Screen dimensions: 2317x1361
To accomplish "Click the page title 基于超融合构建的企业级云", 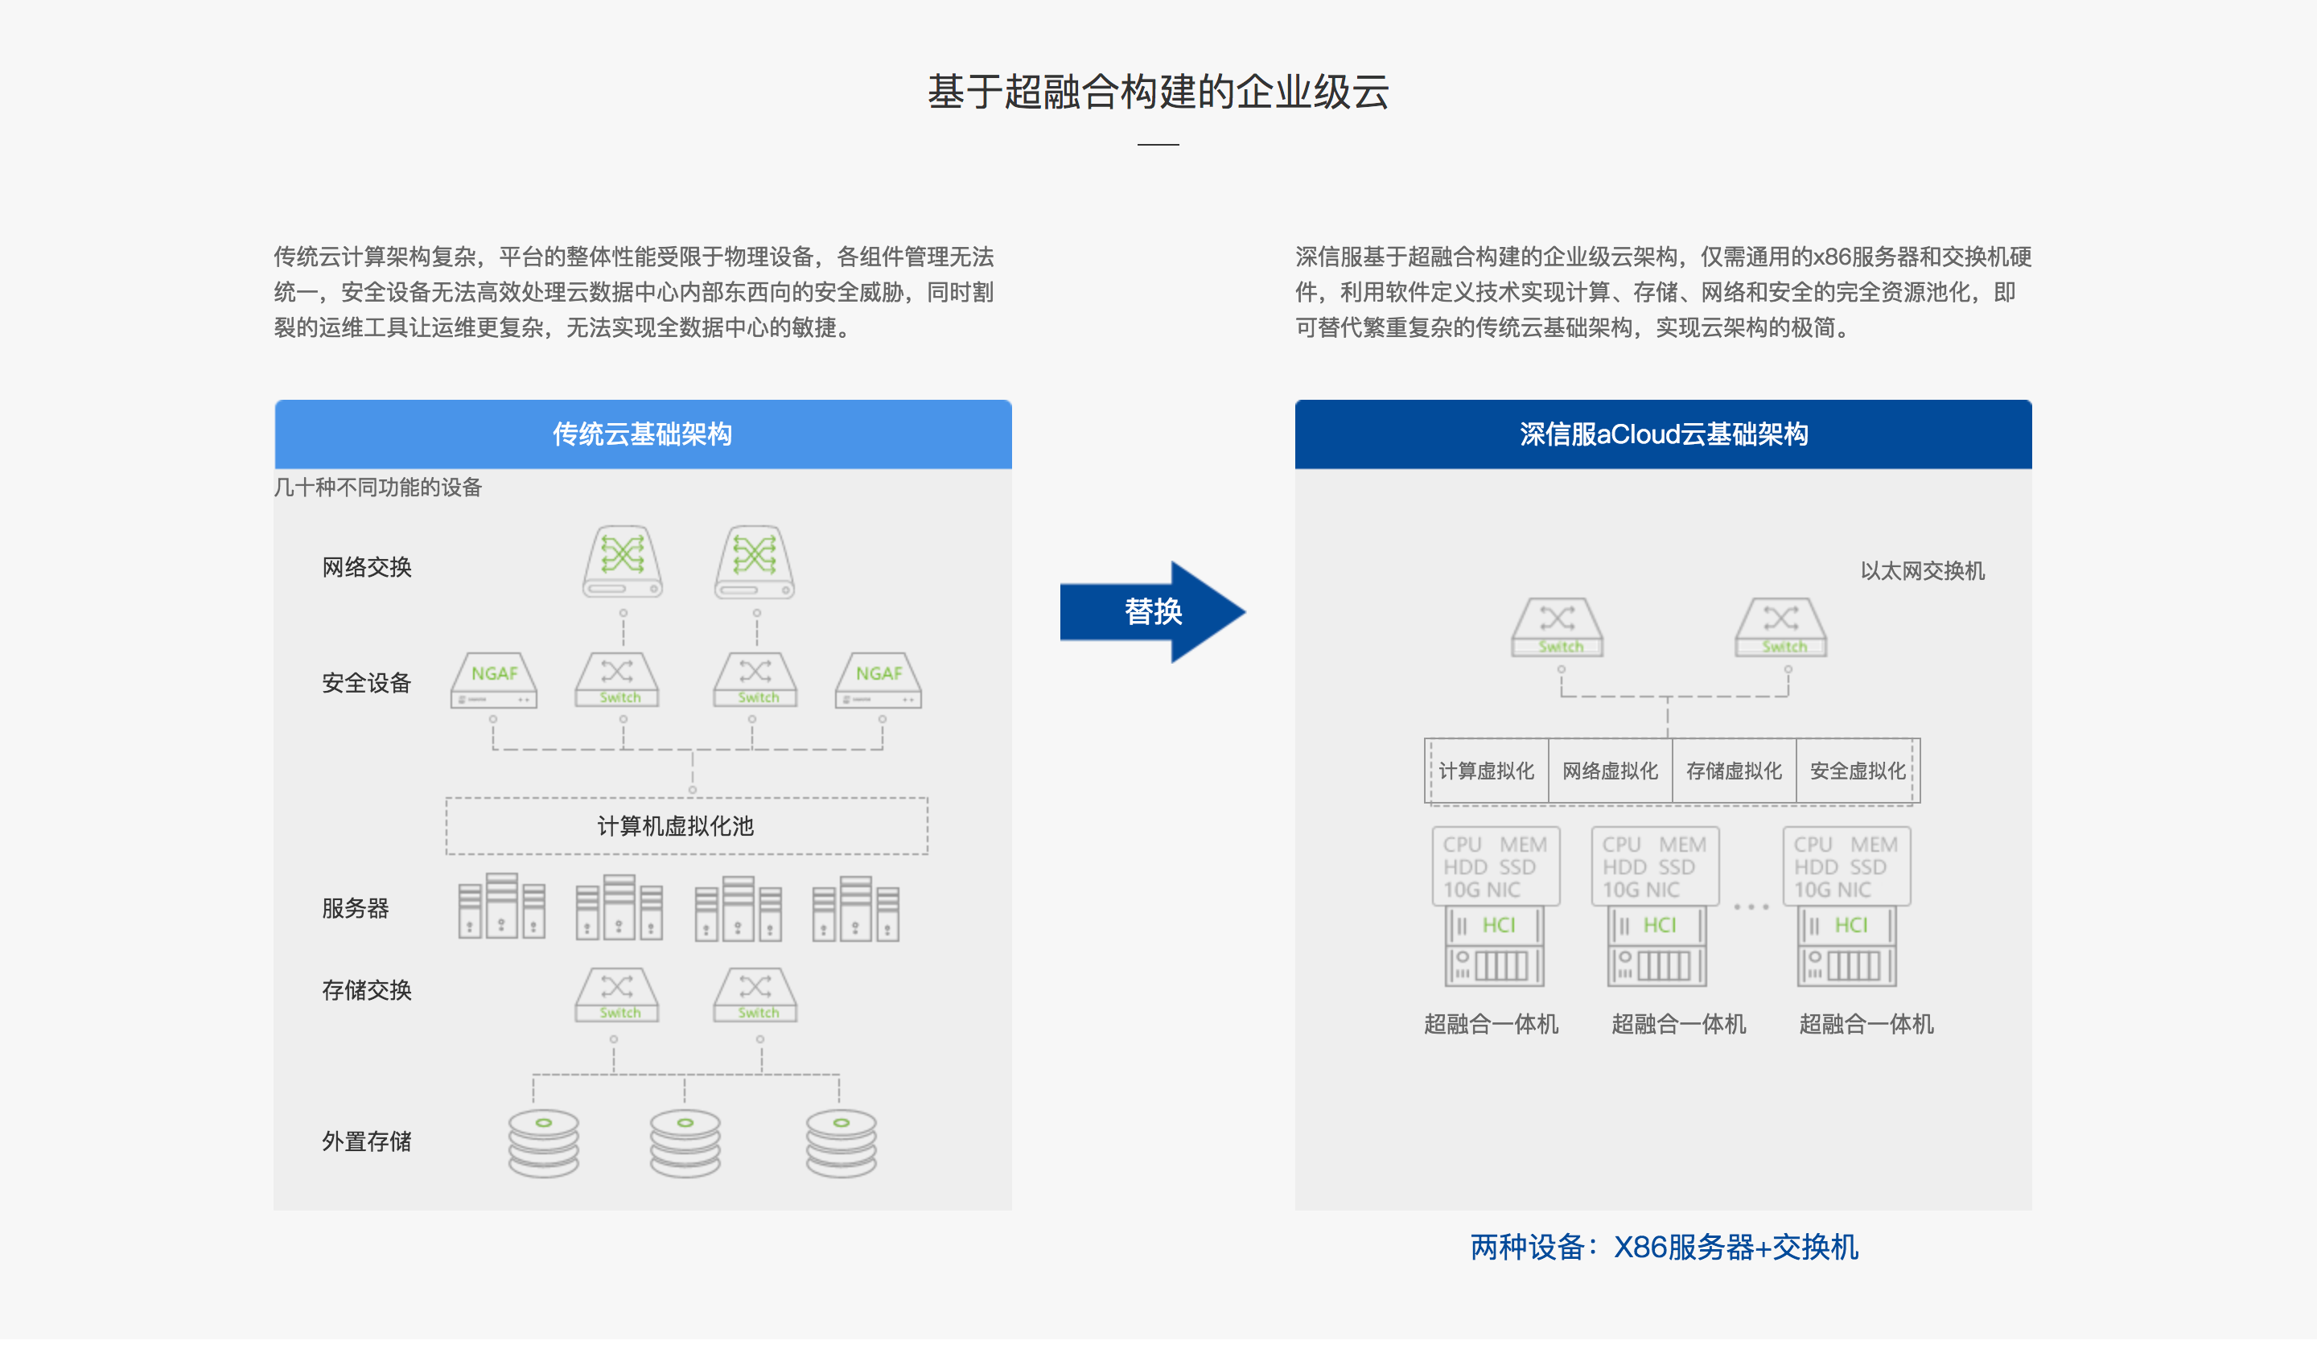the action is [x=1158, y=92].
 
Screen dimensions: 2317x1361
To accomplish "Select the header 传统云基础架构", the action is [x=643, y=434].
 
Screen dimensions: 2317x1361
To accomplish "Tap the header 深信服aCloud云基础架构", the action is [x=1663, y=434].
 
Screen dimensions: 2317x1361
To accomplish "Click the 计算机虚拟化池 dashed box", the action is [x=687, y=826].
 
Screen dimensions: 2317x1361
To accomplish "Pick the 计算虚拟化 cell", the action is [x=1487, y=771].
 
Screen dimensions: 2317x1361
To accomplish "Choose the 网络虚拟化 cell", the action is [x=1610, y=771].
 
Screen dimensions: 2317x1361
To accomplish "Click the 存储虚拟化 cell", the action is [x=1734, y=771].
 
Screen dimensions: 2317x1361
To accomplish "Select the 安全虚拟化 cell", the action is [x=1858, y=771].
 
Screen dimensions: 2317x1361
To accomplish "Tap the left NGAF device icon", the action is [x=494, y=680].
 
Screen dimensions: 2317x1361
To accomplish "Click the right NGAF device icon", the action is [x=879, y=680].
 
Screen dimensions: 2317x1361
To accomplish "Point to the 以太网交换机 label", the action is [x=1923, y=571].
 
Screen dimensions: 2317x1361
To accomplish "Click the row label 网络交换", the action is [x=367, y=567].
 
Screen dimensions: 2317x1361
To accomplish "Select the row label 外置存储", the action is [x=367, y=1141].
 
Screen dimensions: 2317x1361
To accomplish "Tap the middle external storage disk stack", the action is [x=685, y=1144].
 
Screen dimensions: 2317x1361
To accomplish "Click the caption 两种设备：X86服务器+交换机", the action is [x=1665, y=1247].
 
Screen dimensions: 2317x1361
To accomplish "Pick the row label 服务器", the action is [x=356, y=909].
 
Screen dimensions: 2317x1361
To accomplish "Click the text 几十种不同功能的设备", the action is [x=378, y=487].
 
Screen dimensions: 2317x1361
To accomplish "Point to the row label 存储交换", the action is [x=367, y=990].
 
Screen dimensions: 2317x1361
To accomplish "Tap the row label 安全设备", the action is [x=367, y=683].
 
